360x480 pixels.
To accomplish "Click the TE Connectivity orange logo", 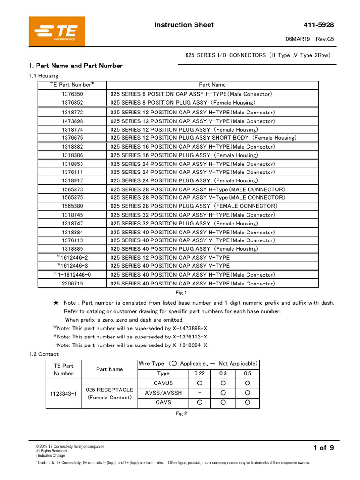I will pyautogui.click(x=57, y=32).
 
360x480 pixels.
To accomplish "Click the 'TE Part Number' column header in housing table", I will pyautogui.click(x=72, y=85).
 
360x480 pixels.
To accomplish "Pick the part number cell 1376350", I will pyautogui.click(x=72, y=94).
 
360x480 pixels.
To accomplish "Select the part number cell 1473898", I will pyautogui.click(x=72, y=121).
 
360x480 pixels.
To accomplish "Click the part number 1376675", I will pyautogui.click(x=72, y=138).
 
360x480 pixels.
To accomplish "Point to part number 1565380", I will pyautogui.click(x=72, y=206).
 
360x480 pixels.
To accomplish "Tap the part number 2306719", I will pyautogui.click(x=72, y=284).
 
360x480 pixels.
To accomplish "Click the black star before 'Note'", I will pyautogui.click(x=56, y=303).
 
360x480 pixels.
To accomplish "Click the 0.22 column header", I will pyautogui.click(x=200, y=374).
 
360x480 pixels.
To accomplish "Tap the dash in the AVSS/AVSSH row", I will pyautogui.click(x=200, y=393).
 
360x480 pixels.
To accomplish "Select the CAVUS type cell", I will pyautogui.click(x=163, y=383).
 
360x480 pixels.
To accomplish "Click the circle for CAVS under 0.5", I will pyautogui.click(x=247, y=402).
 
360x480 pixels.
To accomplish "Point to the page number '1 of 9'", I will pyautogui.click(x=323, y=448).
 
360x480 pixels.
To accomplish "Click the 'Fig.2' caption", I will pyautogui.click(x=181, y=413).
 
